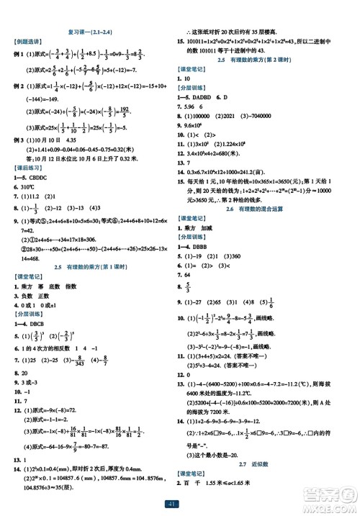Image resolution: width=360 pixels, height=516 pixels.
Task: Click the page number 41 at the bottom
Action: click(179, 504)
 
